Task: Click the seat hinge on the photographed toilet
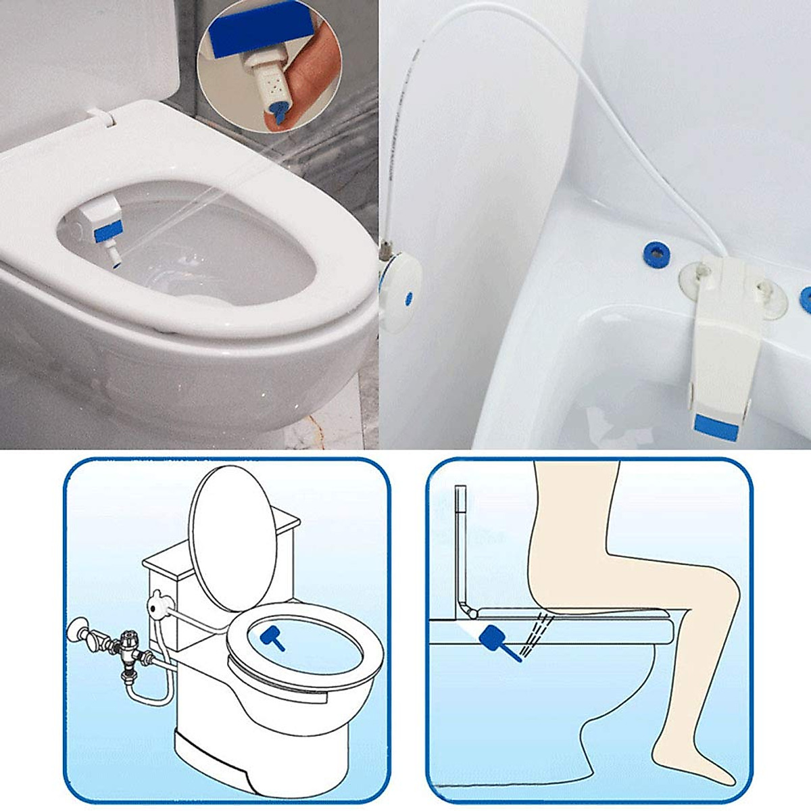[x=101, y=116]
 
